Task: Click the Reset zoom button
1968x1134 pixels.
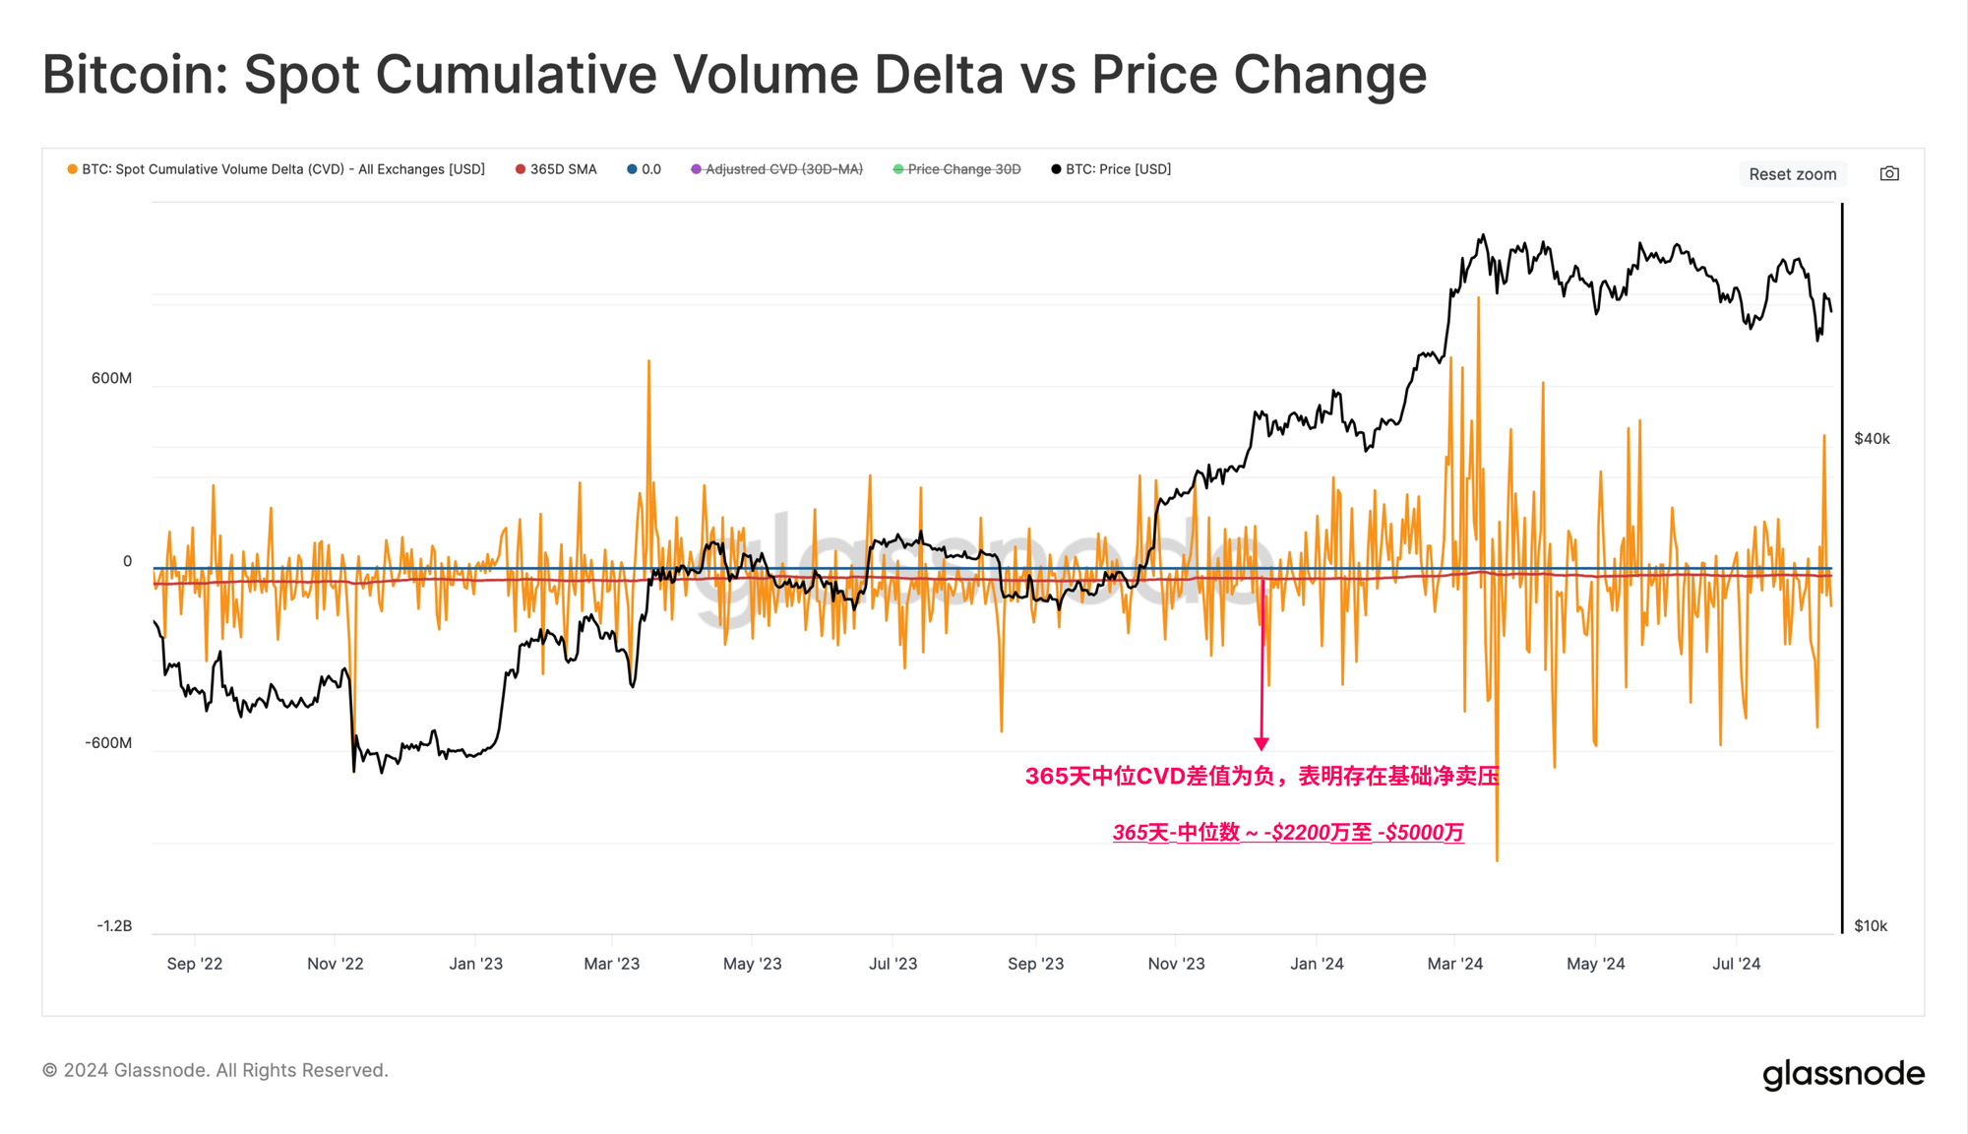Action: [x=1792, y=174]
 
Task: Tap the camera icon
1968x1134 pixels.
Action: [x=1889, y=174]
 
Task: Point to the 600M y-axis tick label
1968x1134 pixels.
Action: [x=111, y=378]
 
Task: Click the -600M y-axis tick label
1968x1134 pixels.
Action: [x=108, y=743]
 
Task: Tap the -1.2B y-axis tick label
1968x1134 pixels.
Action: [x=114, y=926]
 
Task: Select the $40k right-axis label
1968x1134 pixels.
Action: [x=1872, y=439]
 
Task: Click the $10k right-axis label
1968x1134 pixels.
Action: [x=1871, y=926]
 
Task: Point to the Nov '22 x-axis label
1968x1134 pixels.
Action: [x=335, y=964]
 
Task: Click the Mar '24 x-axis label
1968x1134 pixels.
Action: [x=1454, y=964]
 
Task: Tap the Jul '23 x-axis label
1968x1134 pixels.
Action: [x=892, y=964]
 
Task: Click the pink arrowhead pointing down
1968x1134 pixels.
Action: [x=1261, y=743]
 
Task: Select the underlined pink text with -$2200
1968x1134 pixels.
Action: [x=1288, y=833]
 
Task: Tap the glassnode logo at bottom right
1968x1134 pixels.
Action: [x=1843, y=1073]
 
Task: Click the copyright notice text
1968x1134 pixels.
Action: [x=215, y=1070]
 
